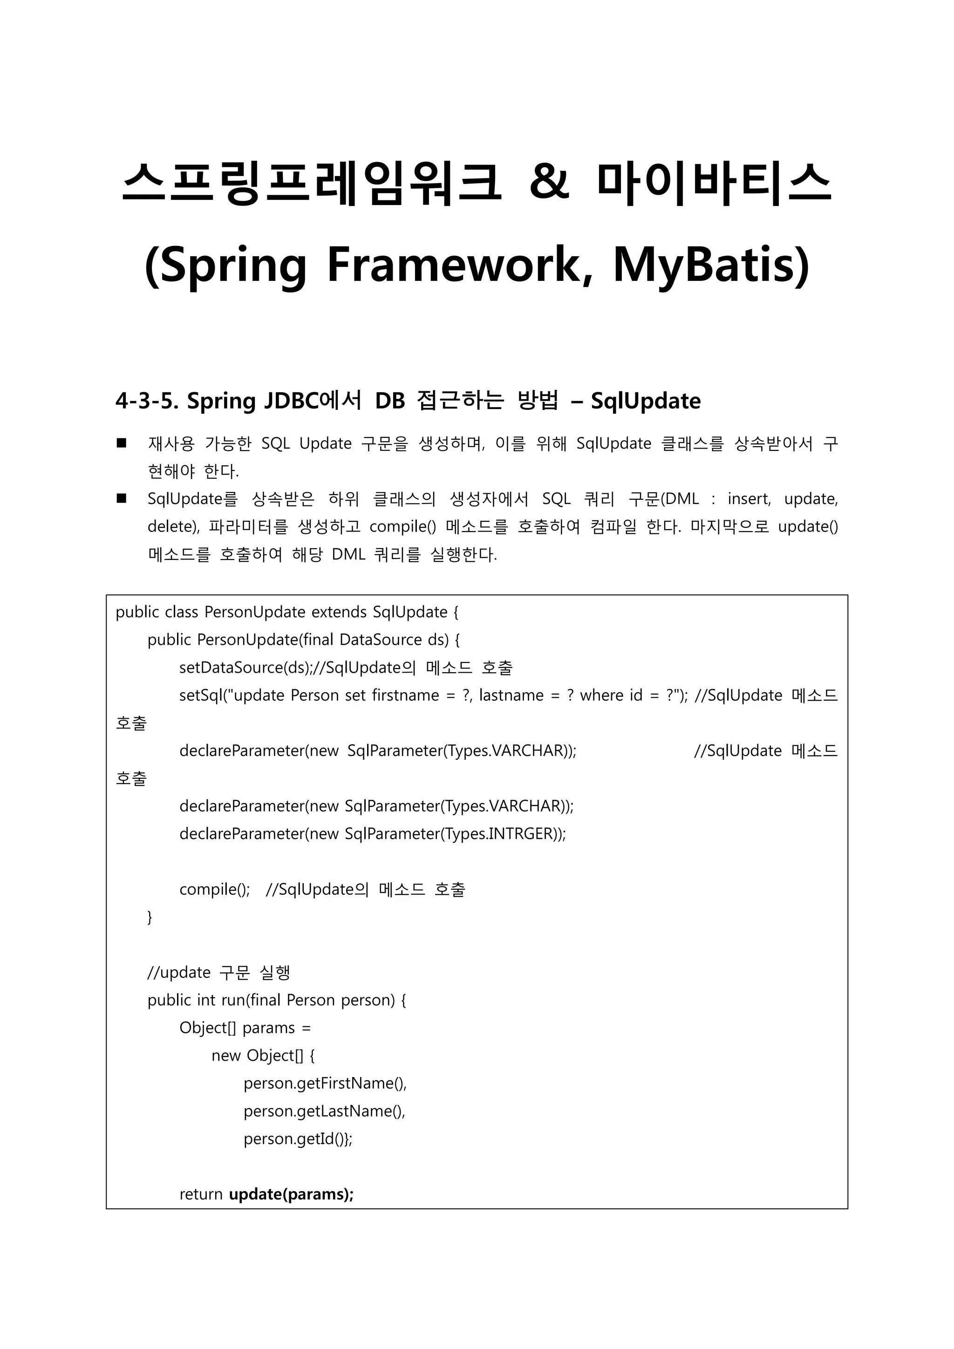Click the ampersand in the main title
549,182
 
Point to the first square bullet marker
122,443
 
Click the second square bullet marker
122,498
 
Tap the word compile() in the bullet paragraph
402,526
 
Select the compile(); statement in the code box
214,890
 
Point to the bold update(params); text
291,1194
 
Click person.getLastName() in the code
324,1111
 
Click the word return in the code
201,1194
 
